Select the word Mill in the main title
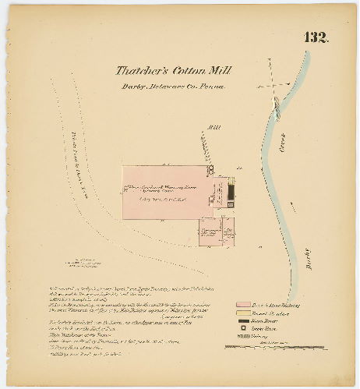(x=221, y=70)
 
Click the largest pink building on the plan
(x=167, y=190)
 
